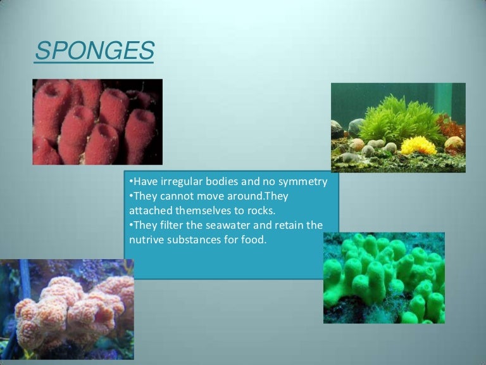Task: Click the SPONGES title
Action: pos(94,51)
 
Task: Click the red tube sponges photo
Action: pos(97,122)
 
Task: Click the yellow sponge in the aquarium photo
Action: pos(417,146)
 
